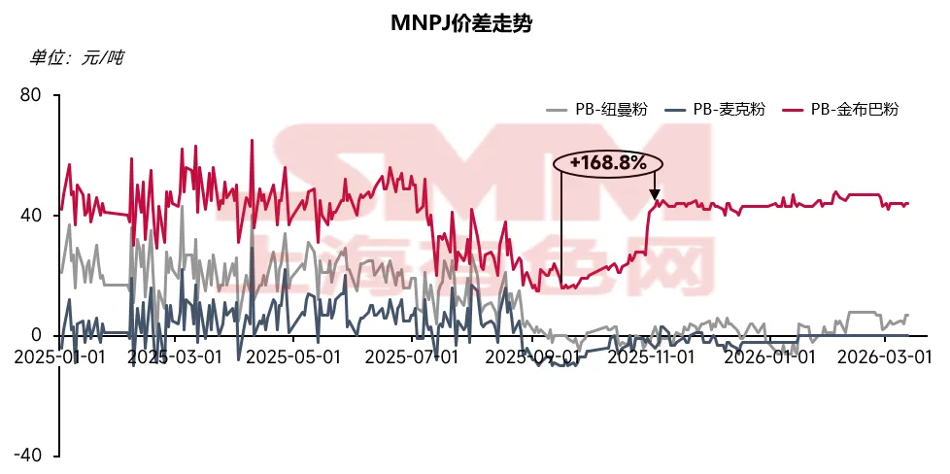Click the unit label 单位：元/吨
pyautogui.click(x=77, y=58)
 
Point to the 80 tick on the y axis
pyautogui.click(x=30, y=95)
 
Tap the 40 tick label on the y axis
pyautogui.click(x=30, y=216)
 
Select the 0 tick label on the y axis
pyautogui.click(x=36, y=335)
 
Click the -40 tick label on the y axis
pyautogui.click(x=26, y=456)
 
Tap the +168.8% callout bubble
pyautogui.click(x=608, y=163)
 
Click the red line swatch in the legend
pyautogui.click(x=794, y=110)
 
